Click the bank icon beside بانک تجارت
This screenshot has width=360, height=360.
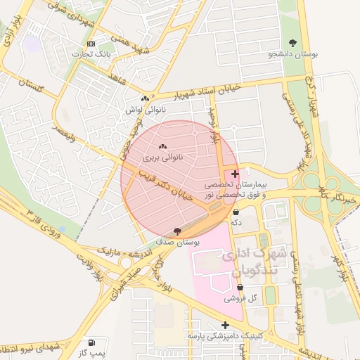pyautogui.click(x=90, y=44)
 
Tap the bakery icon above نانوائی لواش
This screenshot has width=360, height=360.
pyautogui.click(x=145, y=99)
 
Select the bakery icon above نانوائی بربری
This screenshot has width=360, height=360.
pyautogui.click(x=163, y=146)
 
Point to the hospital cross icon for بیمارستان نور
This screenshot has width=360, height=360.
pyautogui.click(x=235, y=173)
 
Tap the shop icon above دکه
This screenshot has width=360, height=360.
pyautogui.click(x=235, y=212)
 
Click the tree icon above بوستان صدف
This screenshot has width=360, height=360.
pyautogui.click(x=176, y=231)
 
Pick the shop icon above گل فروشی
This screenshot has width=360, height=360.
pyautogui.click(x=240, y=287)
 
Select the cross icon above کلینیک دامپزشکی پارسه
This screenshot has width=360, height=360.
pyautogui.click(x=225, y=325)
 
